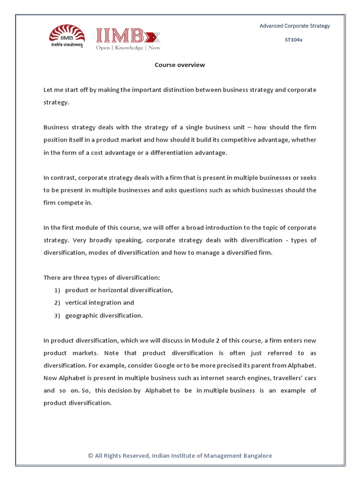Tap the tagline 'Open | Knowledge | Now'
pos(128,48)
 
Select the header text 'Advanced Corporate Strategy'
pos(295,26)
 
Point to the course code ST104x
pos(294,40)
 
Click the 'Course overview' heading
pos(180,65)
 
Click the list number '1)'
pos(57,290)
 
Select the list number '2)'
pos(57,303)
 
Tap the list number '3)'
pos(57,315)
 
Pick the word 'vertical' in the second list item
pos(76,303)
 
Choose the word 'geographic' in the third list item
pos(81,315)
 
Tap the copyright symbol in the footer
pos(90,456)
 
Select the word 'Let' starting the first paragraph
pos(48,90)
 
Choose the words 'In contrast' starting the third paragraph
pos(60,178)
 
